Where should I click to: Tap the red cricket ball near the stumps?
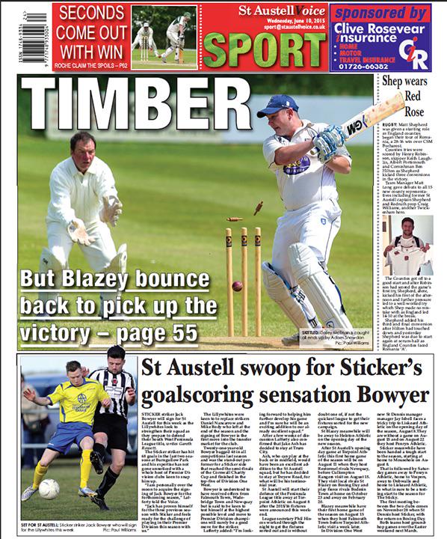pos(237,286)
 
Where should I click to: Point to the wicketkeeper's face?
pos(83,145)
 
